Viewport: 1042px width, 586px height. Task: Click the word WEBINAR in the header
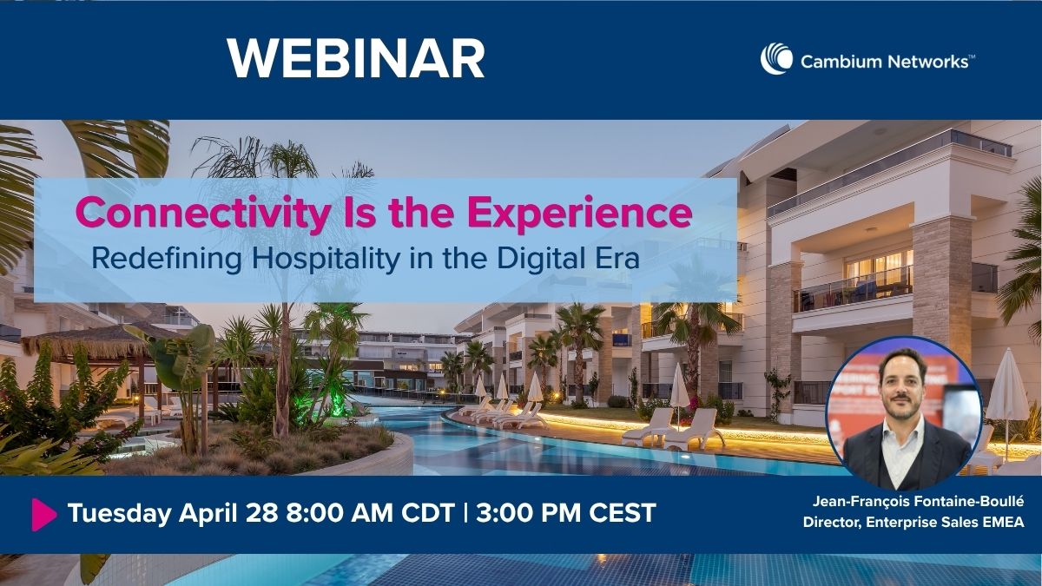[x=356, y=58]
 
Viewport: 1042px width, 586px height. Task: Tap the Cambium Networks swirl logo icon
[x=775, y=59]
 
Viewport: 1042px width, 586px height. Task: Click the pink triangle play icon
[x=43, y=514]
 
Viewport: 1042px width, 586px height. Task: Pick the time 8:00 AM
[x=335, y=513]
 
